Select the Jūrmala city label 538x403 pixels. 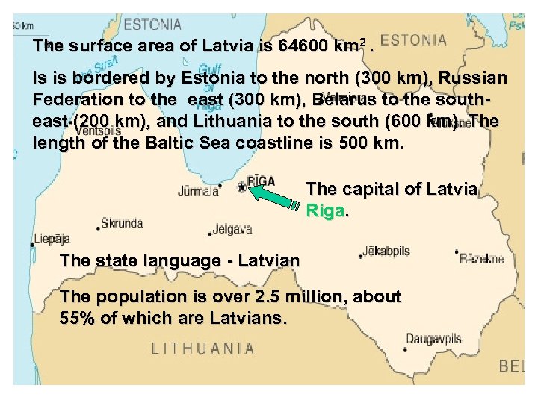point(198,191)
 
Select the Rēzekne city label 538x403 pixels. point(481,259)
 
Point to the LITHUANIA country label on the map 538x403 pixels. point(203,348)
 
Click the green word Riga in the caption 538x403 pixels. point(326,211)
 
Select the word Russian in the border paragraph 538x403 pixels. point(471,78)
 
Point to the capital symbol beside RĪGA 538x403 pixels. point(241,187)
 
